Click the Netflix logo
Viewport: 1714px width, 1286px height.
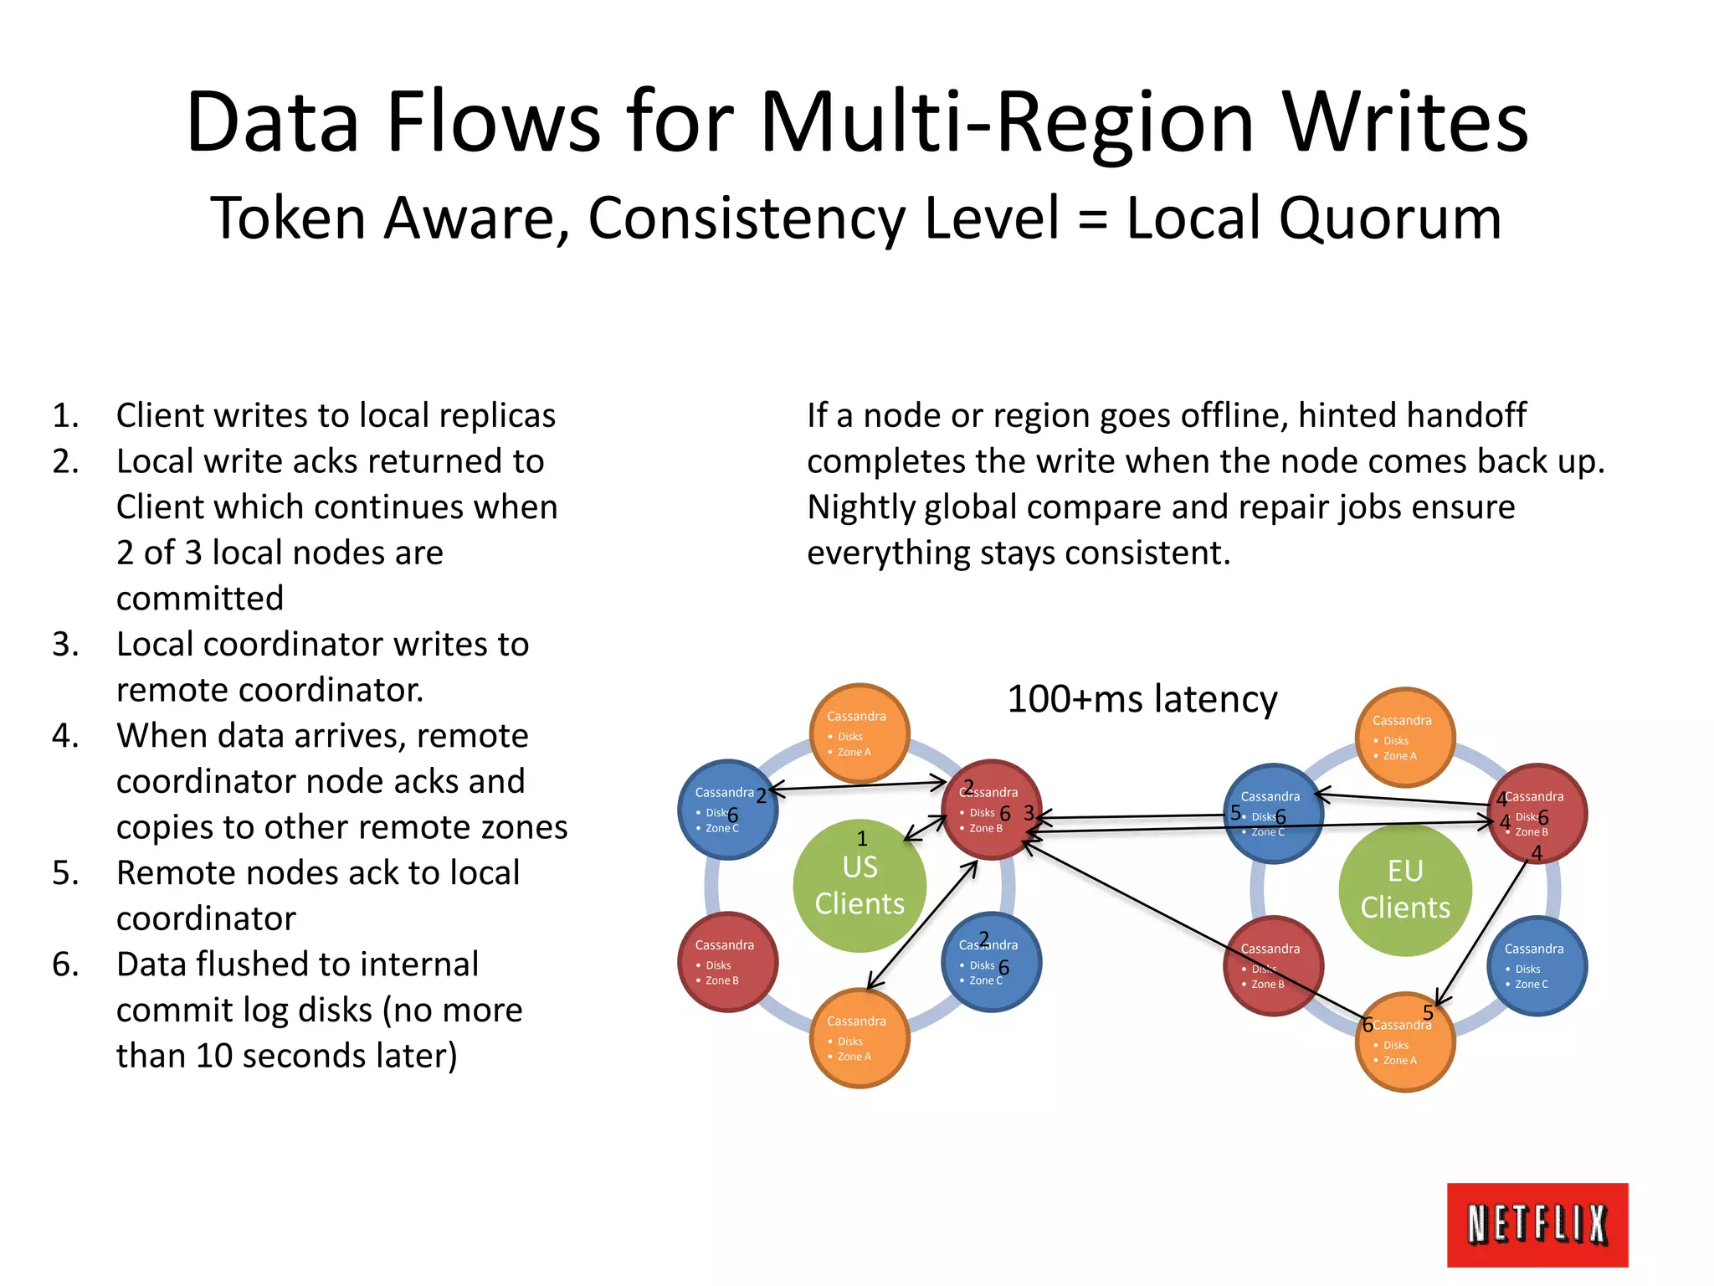point(1537,1224)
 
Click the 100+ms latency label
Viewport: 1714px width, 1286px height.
point(1142,699)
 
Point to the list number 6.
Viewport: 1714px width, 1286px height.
point(65,964)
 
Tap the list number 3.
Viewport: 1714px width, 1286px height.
point(65,645)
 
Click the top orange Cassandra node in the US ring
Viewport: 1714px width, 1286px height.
point(860,733)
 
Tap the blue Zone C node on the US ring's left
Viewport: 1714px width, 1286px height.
point(727,810)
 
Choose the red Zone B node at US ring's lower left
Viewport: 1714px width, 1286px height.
point(727,962)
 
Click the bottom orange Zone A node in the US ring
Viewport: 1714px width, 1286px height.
point(860,1038)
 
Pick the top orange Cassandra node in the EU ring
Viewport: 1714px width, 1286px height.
point(1405,738)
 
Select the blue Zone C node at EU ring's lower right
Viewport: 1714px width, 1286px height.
point(1537,966)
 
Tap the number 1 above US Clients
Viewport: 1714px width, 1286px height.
point(862,839)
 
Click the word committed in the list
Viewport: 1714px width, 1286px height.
point(200,599)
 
